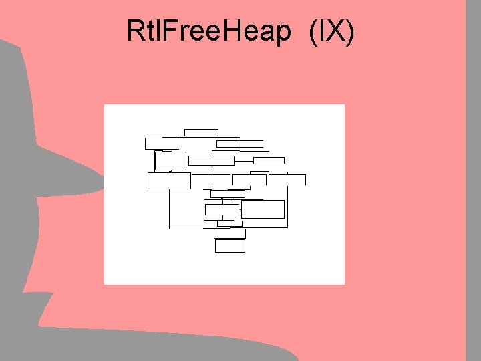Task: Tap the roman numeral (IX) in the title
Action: [331, 31]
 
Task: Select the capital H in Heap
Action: [236, 31]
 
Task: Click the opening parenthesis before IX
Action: [313, 31]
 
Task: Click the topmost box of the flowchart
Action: [201, 132]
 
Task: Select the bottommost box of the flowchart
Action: [230, 246]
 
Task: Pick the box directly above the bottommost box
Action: [230, 233]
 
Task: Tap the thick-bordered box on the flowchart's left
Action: [170, 161]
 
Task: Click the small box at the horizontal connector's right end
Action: [269, 160]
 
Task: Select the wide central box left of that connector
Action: [212, 160]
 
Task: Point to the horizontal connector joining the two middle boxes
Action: [244, 160]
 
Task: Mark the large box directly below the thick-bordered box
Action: [169, 180]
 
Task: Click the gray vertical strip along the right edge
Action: [472, 180]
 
